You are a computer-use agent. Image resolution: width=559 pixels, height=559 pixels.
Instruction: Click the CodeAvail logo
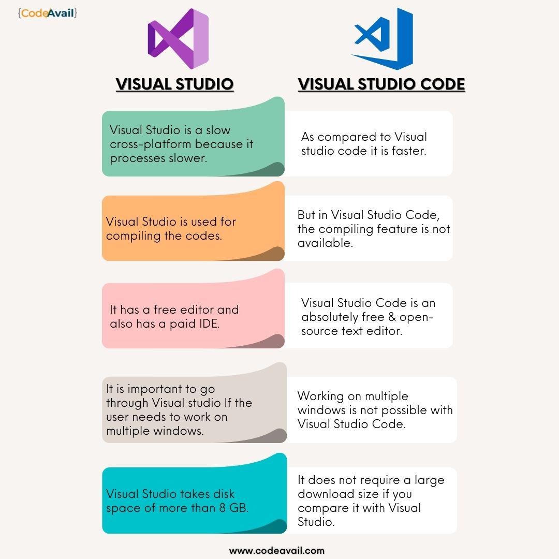pos(48,12)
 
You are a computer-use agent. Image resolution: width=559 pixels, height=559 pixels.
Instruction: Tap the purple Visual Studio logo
pos(178,39)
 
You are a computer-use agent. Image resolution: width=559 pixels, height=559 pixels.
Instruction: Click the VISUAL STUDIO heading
pos(174,84)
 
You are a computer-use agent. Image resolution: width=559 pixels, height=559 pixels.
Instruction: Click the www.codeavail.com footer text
pos(276,551)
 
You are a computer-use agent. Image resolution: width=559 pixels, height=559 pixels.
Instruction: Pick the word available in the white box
pos(325,243)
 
